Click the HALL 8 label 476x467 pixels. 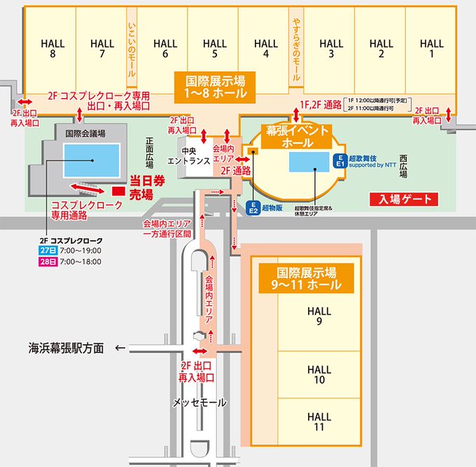53,48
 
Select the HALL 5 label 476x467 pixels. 216,48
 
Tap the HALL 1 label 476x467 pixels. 432,48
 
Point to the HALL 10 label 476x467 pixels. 318,375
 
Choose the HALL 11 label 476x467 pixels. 318,421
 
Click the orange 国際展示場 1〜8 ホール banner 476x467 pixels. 216,85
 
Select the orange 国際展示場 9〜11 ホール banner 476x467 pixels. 307,278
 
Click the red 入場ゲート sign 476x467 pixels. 404,200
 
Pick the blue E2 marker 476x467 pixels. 254,207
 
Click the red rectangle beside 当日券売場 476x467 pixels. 118,190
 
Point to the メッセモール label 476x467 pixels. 199,403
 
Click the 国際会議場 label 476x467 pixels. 83,132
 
